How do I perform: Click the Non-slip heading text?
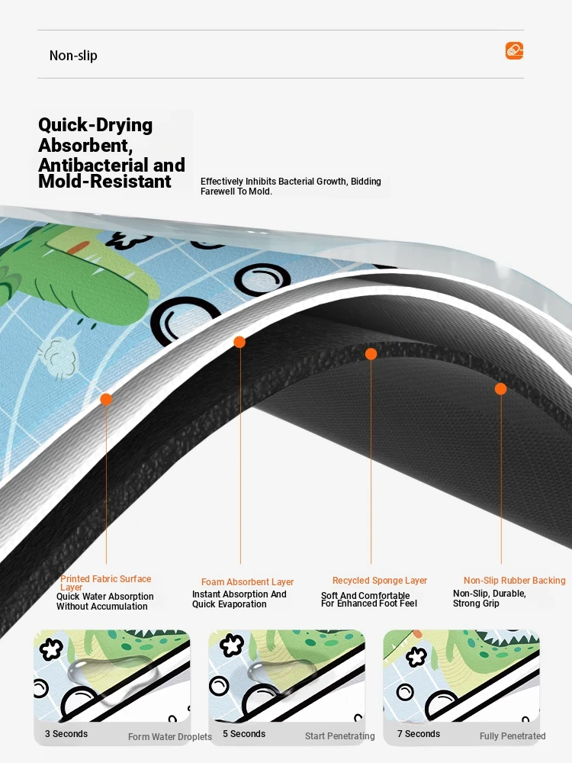[x=73, y=56]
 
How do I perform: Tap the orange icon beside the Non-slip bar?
[x=514, y=50]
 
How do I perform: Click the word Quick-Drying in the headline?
[x=95, y=125]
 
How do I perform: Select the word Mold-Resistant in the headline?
[x=104, y=181]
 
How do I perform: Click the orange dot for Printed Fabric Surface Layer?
[x=106, y=400]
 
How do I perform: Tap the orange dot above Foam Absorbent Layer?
[x=239, y=342]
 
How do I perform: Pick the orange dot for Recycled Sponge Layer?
[x=371, y=354]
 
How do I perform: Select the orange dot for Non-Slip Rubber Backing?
[x=500, y=389]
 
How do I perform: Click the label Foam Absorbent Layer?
[x=248, y=582]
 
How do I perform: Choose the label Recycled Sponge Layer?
[x=380, y=581]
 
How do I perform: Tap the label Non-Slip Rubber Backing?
[x=515, y=581]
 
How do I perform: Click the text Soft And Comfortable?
[x=365, y=595]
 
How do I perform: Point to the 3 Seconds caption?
[x=66, y=734]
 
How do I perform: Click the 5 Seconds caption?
[x=244, y=734]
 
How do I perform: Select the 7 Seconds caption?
[x=419, y=734]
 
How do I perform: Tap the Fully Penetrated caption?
[x=513, y=736]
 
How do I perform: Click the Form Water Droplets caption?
[x=170, y=737]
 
